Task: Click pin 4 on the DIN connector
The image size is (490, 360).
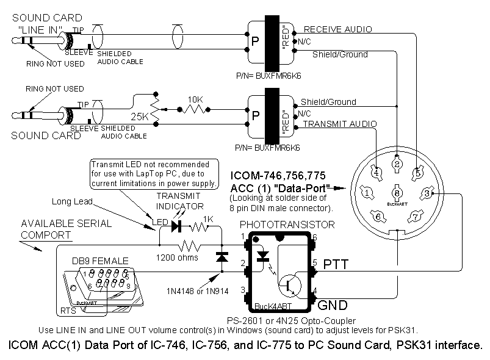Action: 378,173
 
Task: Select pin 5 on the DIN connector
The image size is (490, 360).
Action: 418,173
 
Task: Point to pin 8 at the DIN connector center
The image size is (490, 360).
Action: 397,193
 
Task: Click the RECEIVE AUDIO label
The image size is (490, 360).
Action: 337,29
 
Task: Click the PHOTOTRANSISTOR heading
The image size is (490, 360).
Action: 287,225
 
